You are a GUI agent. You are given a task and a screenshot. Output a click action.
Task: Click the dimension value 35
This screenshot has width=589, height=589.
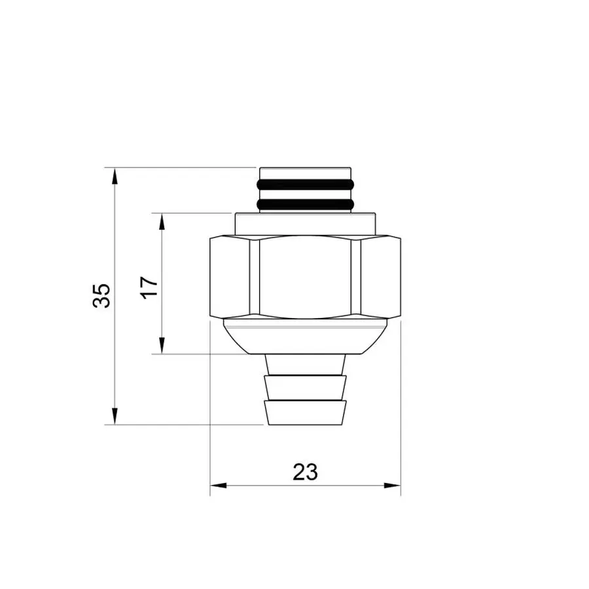point(101,296)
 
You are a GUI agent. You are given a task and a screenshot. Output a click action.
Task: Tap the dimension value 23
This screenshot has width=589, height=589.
point(305,471)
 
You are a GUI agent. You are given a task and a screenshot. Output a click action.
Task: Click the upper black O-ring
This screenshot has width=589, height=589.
point(306,183)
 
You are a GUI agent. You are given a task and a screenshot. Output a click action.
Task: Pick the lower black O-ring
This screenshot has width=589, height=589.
point(306,205)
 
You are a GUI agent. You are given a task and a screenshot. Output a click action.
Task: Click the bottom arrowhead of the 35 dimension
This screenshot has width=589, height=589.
point(115,416)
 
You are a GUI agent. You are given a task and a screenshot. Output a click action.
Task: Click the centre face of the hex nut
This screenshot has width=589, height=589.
point(305,278)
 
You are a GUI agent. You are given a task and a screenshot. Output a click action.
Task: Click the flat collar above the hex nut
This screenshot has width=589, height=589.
point(305,224)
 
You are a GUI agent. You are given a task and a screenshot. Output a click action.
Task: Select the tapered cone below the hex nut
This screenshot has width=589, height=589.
point(305,337)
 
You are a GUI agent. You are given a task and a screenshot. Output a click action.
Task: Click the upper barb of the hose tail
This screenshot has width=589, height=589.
point(305,387)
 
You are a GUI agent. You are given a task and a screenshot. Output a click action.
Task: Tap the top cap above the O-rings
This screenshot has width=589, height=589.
point(306,172)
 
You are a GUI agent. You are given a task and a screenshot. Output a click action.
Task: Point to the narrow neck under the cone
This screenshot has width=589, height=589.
point(305,364)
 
